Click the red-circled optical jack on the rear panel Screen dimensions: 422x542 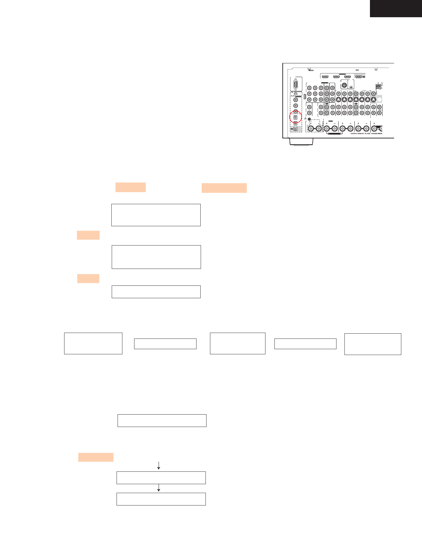pyautogui.click(x=295, y=117)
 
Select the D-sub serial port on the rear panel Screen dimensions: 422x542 pyautogui.click(x=296, y=85)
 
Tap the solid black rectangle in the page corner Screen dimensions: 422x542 pyautogui.click(x=396, y=8)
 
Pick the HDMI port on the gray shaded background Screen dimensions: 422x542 pyautogui.click(x=359, y=76)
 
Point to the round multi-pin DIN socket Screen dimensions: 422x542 pyautogui.click(x=343, y=84)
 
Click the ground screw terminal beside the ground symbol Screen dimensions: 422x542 pyautogui.click(x=309, y=119)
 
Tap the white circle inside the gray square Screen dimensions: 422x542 pyautogui.click(x=379, y=99)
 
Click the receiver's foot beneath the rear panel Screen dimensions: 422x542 pyautogui.click(x=301, y=142)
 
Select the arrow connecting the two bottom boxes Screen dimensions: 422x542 pyautogui.click(x=159, y=488)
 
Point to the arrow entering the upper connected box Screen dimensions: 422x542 pyautogui.click(x=159, y=466)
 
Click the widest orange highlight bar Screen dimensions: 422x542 pyautogui.click(x=224, y=188)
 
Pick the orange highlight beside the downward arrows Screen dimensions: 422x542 pyautogui.click(x=96, y=457)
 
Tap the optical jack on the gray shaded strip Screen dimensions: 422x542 pyautogui.click(x=295, y=129)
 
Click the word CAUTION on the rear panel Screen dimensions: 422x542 pyautogui.click(x=353, y=134)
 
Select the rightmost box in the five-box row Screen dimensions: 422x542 pyautogui.click(x=373, y=344)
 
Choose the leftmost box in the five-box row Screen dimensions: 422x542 pyautogui.click(x=93, y=343)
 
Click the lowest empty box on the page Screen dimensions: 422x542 pyautogui.click(x=161, y=499)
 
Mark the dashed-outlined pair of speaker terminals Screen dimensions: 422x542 pyautogui.click(x=315, y=128)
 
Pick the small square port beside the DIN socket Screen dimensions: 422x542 pyautogui.click(x=351, y=87)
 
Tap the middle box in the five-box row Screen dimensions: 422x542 pyautogui.click(x=238, y=343)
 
